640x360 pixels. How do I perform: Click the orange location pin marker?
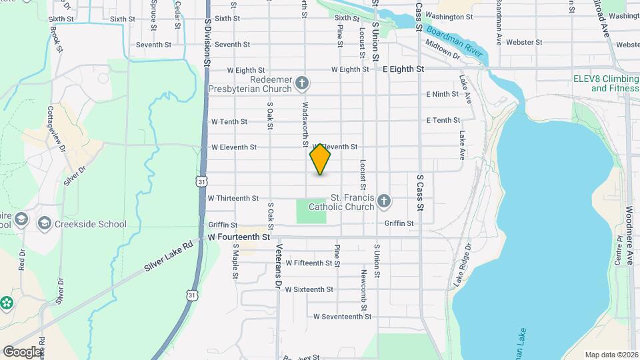click(321, 159)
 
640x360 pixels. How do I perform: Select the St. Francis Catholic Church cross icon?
click(383, 201)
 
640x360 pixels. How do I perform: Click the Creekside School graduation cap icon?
click(45, 223)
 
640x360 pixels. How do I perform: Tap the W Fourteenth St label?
click(239, 237)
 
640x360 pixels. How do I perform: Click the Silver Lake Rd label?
click(168, 257)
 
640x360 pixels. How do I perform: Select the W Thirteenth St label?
click(233, 198)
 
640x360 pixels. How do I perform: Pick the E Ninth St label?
click(443, 94)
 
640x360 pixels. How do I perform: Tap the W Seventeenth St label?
click(342, 317)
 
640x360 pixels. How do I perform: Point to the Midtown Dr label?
click(443, 51)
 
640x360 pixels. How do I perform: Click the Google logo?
click(22, 351)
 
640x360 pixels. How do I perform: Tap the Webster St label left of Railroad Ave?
click(524, 42)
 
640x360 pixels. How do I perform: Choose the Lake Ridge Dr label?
click(463, 265)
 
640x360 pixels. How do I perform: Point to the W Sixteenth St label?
click(309, 289)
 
